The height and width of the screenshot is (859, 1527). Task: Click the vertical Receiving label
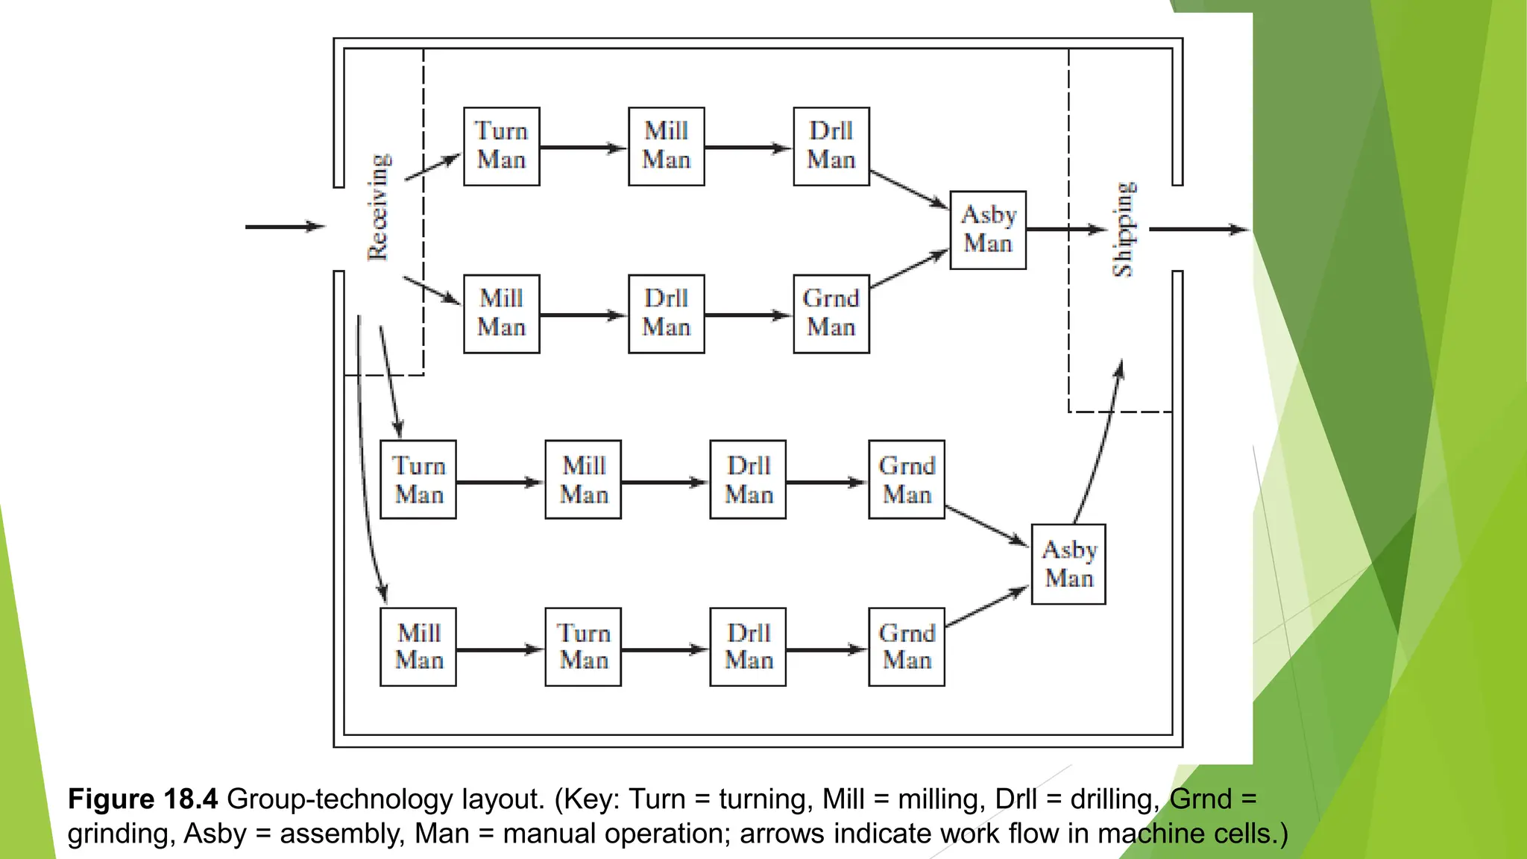tap(379, 207)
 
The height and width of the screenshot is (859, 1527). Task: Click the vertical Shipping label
tap(1124, 229)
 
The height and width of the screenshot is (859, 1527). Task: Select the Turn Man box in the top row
tap(501, 146)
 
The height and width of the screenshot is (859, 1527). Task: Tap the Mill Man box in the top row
tap(666, 146)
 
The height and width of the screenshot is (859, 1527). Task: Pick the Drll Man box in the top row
tap(831, 146)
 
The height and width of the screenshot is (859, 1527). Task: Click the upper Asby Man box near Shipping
tap(988, 230)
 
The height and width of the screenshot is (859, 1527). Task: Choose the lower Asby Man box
tap(1068, 564)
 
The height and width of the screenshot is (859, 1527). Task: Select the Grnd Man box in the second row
tap(831, 313)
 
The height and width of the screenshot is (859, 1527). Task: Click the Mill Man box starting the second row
tap(501, 313)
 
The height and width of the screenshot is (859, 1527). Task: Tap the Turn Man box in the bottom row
tap(583, 646)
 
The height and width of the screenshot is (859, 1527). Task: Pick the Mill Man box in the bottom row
tap(418, 646)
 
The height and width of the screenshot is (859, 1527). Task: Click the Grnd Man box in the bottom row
tap(907, 646)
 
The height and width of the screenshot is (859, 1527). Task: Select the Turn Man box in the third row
tap(418, 479)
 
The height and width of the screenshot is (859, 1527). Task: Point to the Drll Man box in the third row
tap(748, 479)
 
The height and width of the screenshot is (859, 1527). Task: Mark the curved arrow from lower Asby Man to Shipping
tap(1101, 447)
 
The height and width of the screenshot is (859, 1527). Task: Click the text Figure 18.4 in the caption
tap(142, 799)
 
